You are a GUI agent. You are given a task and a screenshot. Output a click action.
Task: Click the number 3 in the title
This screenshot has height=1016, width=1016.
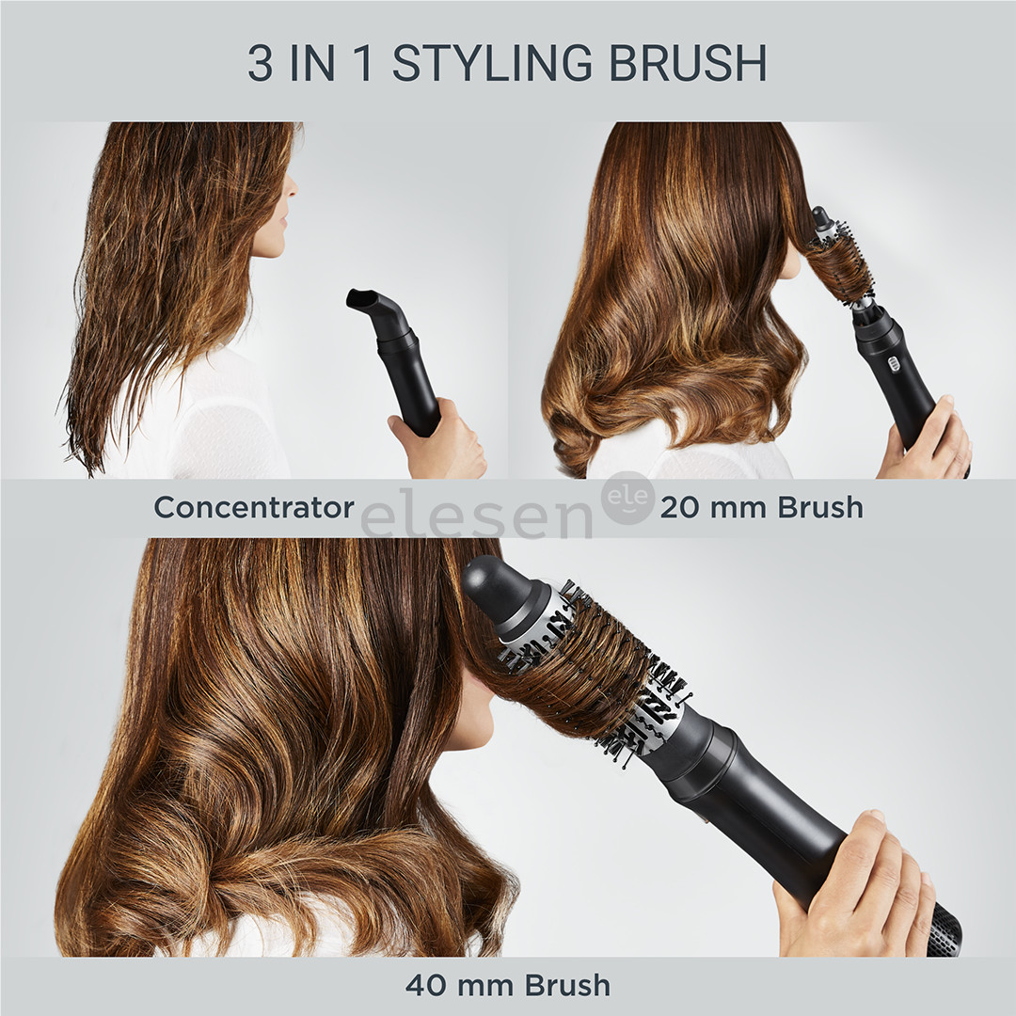pos(261,62)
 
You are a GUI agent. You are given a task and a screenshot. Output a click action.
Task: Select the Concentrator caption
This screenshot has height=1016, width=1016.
pos(254,507)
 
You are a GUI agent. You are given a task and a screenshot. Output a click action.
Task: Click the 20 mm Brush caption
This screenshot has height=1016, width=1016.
pos(761,507)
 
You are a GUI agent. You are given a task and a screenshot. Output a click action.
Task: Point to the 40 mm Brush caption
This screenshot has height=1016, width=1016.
pos(508,985)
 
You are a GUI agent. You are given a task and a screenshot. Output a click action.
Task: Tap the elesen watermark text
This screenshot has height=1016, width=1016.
pos(475,515)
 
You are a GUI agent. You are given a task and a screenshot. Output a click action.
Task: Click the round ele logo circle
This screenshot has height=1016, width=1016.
pos(628,498)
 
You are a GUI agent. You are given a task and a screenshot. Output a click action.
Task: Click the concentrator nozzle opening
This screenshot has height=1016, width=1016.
pos(360,300)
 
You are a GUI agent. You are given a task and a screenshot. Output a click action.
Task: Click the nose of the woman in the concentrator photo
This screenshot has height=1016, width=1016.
pos(293,186)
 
